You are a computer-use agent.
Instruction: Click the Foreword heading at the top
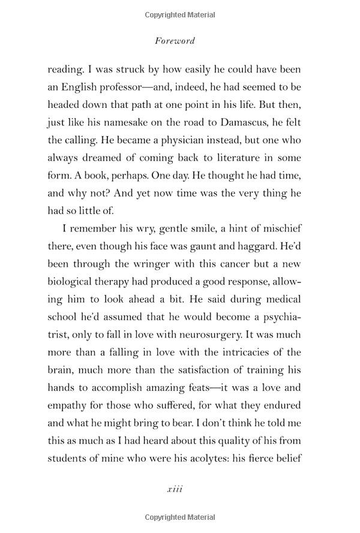(x=175, y=41)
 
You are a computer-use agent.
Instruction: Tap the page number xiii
(x=175, y=489)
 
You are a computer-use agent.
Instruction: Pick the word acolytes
(x=202, y=457)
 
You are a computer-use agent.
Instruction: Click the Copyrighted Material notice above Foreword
(x=180, y=13)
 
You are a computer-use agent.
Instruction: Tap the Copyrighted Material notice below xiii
(x=180, y=517)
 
